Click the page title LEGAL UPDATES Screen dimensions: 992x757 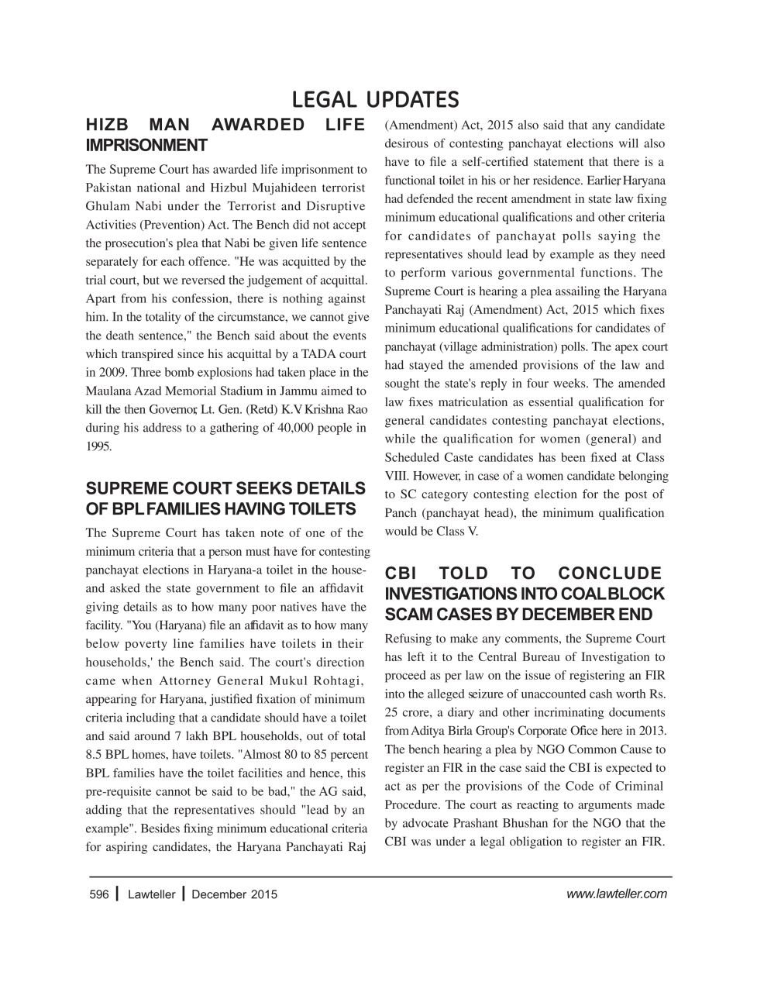[x=376, y=100]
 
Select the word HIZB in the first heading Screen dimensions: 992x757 [x=108, y=126]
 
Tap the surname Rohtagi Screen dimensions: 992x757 [x=337, y=681]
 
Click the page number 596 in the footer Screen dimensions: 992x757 [x=98, y=894]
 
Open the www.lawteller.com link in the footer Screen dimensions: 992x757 [x=616, y=894]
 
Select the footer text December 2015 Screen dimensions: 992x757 [x=234, y=894]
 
